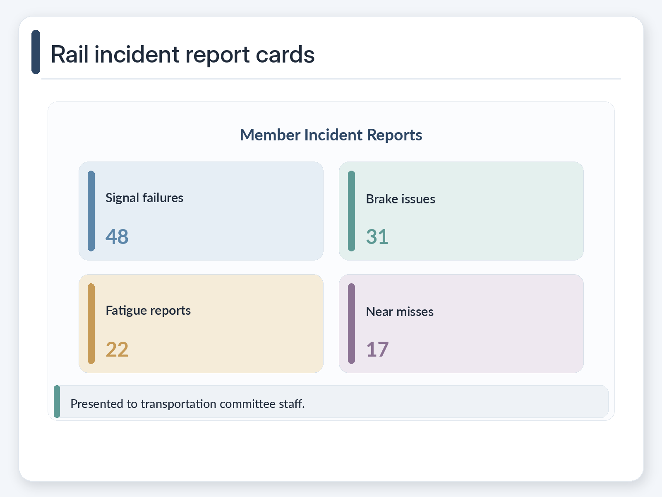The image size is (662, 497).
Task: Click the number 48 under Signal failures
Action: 117,236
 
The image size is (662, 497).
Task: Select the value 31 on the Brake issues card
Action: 377,236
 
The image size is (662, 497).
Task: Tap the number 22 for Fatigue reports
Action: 117,349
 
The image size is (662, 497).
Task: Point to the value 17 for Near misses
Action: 377,349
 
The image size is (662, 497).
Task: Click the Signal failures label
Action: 144,198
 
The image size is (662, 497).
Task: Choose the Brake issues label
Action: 401,199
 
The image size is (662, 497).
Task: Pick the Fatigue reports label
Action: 148,311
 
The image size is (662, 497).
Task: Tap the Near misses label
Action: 400,312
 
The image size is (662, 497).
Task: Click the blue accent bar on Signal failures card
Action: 91,211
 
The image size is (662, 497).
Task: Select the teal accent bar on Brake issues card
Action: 351,211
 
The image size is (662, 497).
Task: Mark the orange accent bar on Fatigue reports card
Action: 91,323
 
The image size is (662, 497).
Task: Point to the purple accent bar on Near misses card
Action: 351,323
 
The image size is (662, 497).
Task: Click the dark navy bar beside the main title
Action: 36,52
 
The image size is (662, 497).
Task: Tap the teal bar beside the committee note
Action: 57,401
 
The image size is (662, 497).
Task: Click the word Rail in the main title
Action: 70,54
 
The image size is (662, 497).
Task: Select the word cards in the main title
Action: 285,55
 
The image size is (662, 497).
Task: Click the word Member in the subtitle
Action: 270,135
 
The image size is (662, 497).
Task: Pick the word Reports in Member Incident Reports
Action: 394,135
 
